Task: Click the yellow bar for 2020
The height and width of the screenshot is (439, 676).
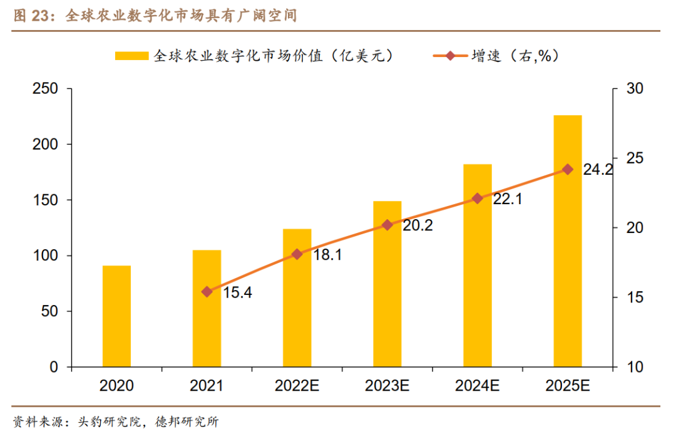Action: coord(116,316)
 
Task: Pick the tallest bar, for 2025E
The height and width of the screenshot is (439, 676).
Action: coord(567,241)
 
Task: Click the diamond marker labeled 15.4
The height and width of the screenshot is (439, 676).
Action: coord(207,291)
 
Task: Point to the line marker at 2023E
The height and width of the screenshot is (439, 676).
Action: coord(387,225)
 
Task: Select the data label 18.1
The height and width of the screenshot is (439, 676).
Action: coord(326,256)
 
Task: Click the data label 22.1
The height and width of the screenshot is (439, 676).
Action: coord(507,199)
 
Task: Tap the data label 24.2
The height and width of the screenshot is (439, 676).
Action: coord(597,170)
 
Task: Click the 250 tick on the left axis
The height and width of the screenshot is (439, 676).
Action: coord(45,89)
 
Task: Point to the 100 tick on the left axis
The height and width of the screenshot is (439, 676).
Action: coord(45,256)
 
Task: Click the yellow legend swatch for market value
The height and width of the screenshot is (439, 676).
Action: coord(131,56)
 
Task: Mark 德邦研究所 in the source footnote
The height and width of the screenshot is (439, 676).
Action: coord(188,422)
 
